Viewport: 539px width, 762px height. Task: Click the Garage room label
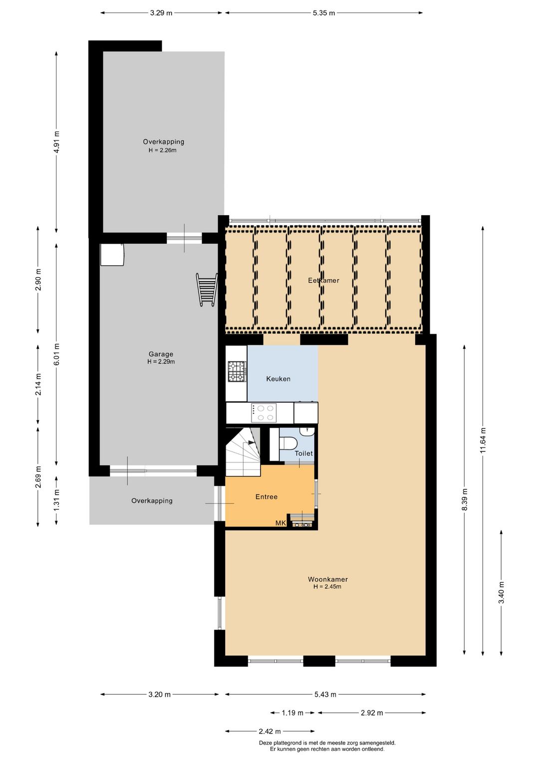click(161, 354)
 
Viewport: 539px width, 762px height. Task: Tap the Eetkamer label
click(323, 280)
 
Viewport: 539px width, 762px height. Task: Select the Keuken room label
click(278, 379)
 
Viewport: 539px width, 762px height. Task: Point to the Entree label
click(267, 497)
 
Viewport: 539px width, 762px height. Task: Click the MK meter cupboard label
click(280, 523)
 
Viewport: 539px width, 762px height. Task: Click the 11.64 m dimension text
click(483, 440)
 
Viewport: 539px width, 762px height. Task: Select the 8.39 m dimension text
click(465, 499)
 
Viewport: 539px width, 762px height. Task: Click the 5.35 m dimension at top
click(324, 13)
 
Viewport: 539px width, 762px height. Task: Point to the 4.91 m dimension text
click(56, 142)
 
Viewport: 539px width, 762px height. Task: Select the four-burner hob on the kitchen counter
click(264, 413)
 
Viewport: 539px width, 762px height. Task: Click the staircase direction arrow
click(252, 442)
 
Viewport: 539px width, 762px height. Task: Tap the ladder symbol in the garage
click(207, 290)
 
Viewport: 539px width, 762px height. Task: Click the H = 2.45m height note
click(327, 586)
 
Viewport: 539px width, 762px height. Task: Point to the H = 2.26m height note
click(163, 150)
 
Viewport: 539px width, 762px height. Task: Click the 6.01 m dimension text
click(56, 354)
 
